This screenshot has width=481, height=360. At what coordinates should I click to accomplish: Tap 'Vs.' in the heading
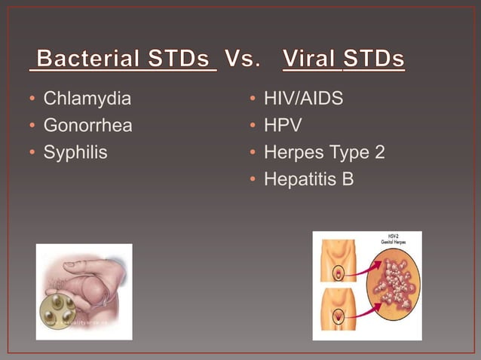pyautogui.click(x=242, y=59)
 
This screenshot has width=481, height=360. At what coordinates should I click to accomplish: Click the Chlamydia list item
pyautogui.click(x=87, y=98)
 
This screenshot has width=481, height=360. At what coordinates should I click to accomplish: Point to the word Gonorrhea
pyautogui.click(x=87, y=125)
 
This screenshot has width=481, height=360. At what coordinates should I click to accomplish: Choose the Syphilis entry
pyautogui.click(x=75, y=152)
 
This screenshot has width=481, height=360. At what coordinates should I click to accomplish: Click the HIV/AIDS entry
pyautogui.click(x=303, y=98)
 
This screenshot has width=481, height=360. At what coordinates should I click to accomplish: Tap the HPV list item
pyautogui.click(x=283, y=125)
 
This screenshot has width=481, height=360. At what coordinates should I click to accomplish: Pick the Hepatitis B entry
pyautogui.click(x=308, y=179)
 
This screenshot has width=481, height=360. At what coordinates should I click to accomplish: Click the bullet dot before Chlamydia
pyautogui.click(x=32, y=99)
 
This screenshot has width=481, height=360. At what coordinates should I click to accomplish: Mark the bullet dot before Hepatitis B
pyautogui.click(x=253, y=180)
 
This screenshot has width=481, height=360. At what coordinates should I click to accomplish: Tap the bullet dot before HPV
pyautogui.click(x=253, y=126)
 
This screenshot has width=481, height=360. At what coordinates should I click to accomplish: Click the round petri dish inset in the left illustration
pyautogui.click(x=60, y=311)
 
